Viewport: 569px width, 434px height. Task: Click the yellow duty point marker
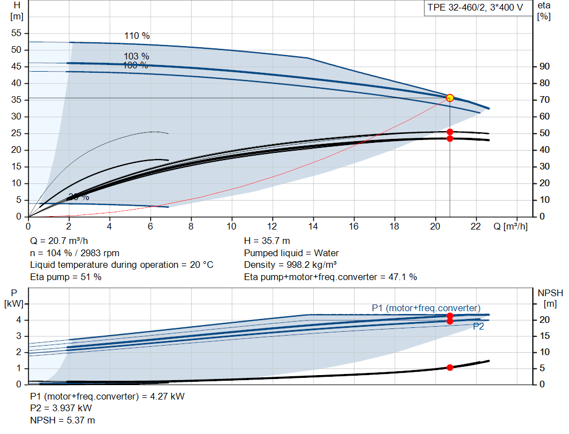450,98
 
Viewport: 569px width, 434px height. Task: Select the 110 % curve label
137,36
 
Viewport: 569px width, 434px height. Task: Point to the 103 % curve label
137,57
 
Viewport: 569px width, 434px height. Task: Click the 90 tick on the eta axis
544,67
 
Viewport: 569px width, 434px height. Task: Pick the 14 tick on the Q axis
313,226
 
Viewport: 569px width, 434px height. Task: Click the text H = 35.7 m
267,241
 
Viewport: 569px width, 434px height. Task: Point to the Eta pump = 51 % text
66,277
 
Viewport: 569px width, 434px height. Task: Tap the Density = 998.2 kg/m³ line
291,265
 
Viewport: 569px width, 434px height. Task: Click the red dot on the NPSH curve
450,367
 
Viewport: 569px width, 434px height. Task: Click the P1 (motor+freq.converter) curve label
426,308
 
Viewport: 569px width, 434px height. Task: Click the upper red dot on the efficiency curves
450,132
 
